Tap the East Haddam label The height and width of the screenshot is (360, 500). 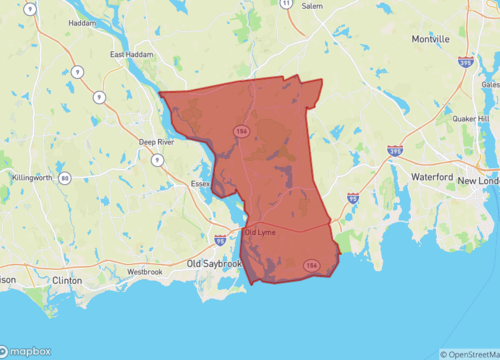(x=131, y=55)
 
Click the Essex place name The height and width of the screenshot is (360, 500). (x=200, y=184)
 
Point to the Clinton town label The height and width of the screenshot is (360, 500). (x=66, y=281)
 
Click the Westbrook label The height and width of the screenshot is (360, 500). (x=145, y=271)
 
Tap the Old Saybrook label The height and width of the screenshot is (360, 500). (x=214, y=263)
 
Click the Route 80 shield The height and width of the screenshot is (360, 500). (x=65, y=178)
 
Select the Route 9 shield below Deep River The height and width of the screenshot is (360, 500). (x=157, y=159)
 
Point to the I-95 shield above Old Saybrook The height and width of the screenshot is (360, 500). (x=220, y=240)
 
